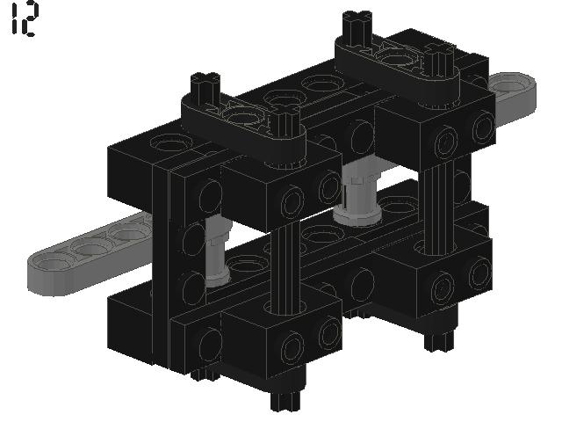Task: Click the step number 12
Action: [x=24, y=21]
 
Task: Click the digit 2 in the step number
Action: [x=30, y=21]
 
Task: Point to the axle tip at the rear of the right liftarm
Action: [x=357, y=21]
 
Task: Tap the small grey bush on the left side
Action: [x=218, y=255]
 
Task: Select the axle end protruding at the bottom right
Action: [x=436, y=338]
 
